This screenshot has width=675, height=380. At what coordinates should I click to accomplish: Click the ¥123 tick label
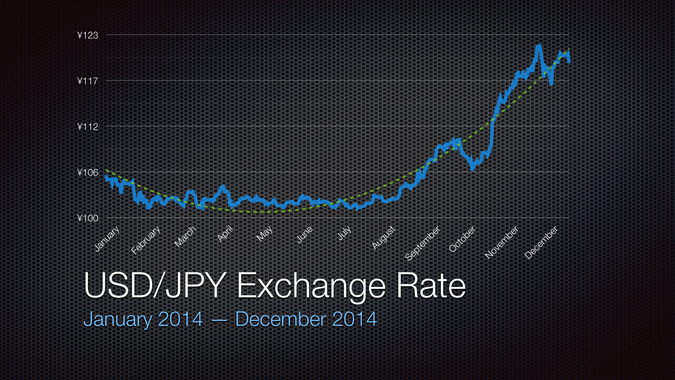pos(88,35)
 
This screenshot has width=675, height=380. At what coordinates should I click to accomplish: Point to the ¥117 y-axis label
pos(88,81)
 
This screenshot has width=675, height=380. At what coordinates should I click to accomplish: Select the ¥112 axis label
pos(88,127)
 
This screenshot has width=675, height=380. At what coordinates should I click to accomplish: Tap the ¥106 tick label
pos(88,172)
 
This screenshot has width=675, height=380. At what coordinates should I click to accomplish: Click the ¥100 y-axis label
pos(88,218)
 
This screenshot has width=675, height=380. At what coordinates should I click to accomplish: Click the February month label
pos(146,240)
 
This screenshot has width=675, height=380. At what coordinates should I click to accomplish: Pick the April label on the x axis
pos(225,234)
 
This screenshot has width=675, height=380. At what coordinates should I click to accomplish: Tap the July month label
pos(345,233)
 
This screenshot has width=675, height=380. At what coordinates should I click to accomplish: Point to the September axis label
pos(423,243)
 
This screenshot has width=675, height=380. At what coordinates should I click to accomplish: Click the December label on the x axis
pos(541,242)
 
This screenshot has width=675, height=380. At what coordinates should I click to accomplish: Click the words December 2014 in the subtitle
pos(306,319)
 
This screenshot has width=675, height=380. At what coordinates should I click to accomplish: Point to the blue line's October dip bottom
pos(472,169)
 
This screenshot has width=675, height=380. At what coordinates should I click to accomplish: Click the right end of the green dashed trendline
pos(568,49)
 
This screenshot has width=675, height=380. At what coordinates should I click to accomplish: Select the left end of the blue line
pos(106,177)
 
